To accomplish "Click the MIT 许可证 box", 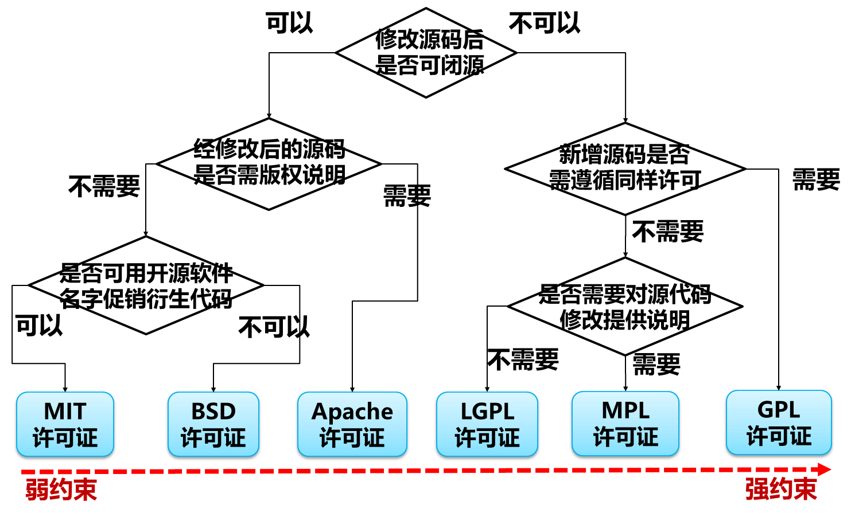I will [x=65, y=424].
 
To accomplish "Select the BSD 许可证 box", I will [x=213, y=424].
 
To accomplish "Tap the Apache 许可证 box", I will [x=352, y=424].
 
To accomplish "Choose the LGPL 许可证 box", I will [x=487, y=424].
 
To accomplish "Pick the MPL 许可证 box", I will [x=625, y=424].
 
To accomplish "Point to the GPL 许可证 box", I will [x=778, y=422].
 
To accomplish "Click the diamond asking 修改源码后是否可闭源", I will [x=426, y=53].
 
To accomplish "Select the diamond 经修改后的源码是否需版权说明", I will [x=269, y=164].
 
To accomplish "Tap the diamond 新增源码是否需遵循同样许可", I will [x=625, y=169].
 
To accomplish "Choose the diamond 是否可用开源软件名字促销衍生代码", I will [x=146, y=285].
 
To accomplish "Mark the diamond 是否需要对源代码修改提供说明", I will [x=625, y=307].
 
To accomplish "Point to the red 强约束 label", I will [x=780, y=489].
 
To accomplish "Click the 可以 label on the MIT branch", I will [x=38, y=326].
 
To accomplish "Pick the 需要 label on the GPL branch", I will [x=815, y=180].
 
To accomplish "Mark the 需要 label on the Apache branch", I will [x=407, y=196].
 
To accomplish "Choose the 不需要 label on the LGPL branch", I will [x=523, y=360].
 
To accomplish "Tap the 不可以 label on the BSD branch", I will [x=274, y=327].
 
